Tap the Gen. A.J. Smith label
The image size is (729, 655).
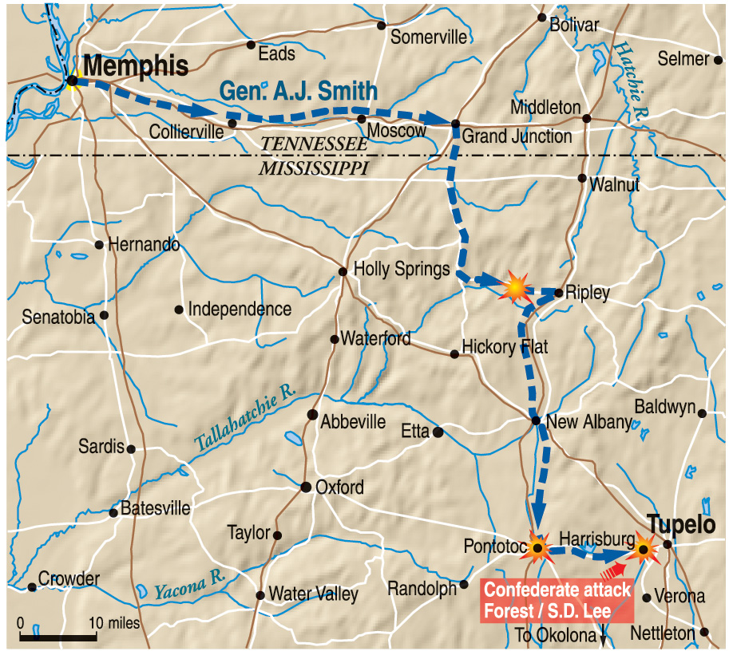click(299, 91)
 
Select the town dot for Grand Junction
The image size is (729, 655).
click(455, 124)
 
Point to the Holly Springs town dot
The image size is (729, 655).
click(343, 271)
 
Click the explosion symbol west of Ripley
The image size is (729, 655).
click(515, 285)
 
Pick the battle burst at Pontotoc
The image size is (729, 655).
click(538, 548)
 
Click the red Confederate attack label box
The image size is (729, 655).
click(557, 601)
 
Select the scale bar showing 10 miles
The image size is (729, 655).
click(58, 636)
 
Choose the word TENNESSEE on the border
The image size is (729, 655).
click(315, 144)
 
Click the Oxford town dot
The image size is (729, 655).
click(305, 487)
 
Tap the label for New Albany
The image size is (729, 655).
click(590, 422)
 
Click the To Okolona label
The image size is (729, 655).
click(556, 635)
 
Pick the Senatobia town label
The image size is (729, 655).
click(56, 317)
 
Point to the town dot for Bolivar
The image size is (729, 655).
click(541, 18)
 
